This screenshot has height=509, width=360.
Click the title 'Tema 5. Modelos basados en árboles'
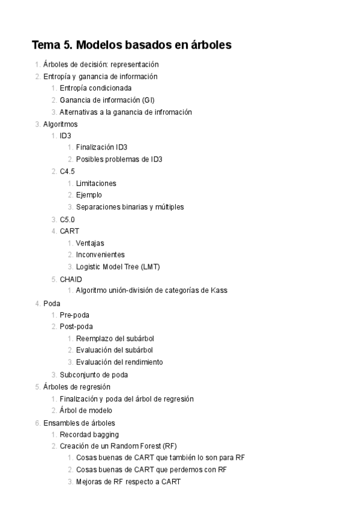[131, 45]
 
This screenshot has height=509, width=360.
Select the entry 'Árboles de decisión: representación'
[101, 64]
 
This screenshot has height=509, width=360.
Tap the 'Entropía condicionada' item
[95, 88]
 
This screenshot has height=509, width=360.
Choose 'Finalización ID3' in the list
[101, 148]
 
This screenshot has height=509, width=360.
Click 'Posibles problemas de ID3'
[119, 160]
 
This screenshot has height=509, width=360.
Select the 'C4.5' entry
[67, 172]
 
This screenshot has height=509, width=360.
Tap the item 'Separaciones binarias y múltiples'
[130, 207]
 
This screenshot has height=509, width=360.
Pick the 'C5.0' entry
[67, 220]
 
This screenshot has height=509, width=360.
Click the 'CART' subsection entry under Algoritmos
[69, 231]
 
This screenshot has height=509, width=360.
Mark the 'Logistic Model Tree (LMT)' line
[118, 267]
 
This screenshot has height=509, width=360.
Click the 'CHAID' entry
[71, 279]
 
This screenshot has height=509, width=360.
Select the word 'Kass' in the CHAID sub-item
[218, 291]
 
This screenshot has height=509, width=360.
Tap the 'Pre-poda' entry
[74, 315]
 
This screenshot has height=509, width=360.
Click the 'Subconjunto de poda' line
[93, 375]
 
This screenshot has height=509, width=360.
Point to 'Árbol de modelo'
[86, 411]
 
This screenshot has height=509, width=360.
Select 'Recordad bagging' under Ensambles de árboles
[89, 434]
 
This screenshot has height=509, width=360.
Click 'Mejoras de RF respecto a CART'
[128, 481]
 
